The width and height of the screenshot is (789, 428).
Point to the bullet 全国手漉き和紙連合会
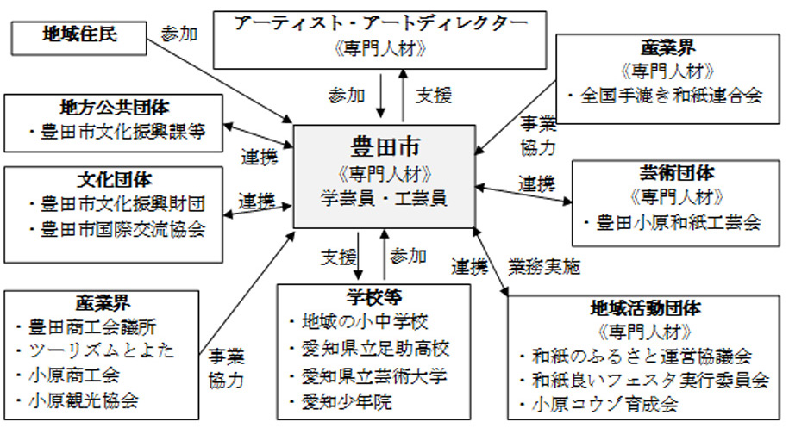[x=667, y=96]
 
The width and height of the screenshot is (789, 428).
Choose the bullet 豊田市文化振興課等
[x=118, y=133]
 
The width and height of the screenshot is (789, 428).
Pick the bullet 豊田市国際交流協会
[x=118, y=230]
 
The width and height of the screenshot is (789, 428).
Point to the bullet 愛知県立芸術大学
[x=373, y=376]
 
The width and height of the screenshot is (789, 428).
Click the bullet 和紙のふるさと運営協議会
[x=638, y=355]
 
